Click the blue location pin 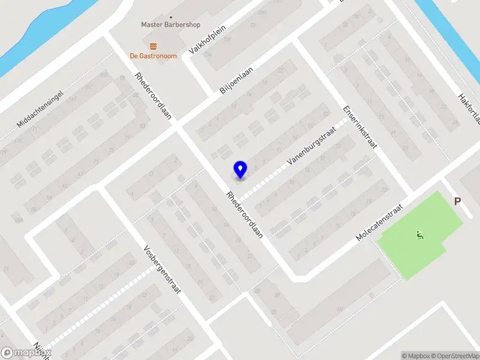point(240,170)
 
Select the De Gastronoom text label point(153,56)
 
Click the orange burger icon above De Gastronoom point(153,46)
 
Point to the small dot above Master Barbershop point(171,17)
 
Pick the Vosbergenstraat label point(162,268)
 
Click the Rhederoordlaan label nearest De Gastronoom point(153,96)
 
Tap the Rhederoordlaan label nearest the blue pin point(245,215)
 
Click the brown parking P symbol point(458,202)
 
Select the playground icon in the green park point(419,235)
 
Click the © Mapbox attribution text point(416,356)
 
